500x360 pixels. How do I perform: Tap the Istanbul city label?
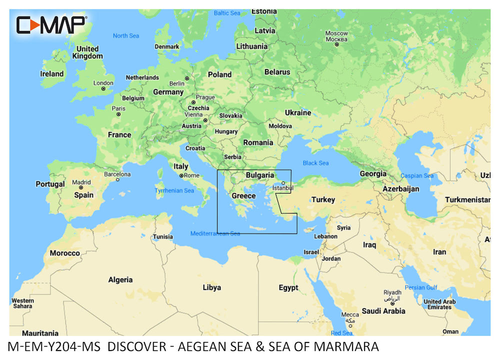[x=283, y=188]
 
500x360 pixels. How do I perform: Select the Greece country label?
[x=243, y=196]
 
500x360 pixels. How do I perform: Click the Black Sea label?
[x=316, y=163]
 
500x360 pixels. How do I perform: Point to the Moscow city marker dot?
[x=337, y=44]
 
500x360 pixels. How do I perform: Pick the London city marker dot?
[x=103, y=89]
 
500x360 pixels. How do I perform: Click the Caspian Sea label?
[x=417, y=176]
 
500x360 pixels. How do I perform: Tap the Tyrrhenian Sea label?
[x=174, y=191]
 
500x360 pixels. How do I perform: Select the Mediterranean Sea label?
[x=215, y=233]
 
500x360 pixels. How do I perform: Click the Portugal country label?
[x=50, y=184]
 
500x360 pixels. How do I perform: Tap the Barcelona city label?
[x=117, y=174]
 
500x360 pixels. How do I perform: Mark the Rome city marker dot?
[x=181, y=176]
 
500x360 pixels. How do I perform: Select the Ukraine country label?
[x=298, y=112]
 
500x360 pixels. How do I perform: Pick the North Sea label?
[x=126, y=36]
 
